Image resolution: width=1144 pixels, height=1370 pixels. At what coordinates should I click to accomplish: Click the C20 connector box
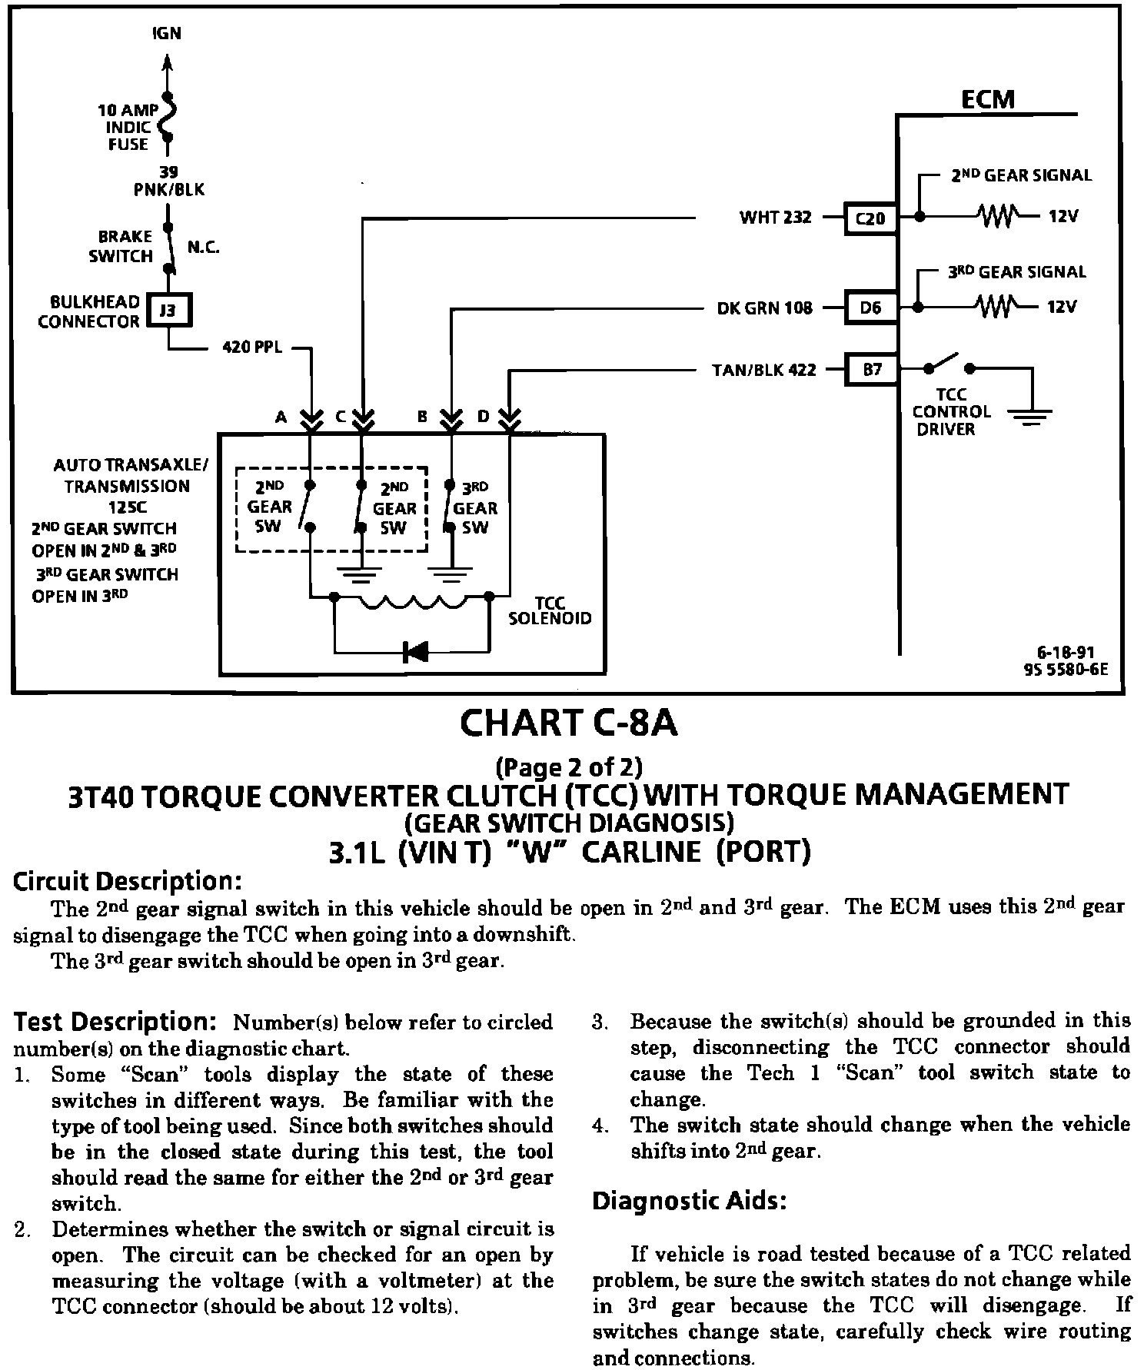pyautogui.click(x=870, y=219)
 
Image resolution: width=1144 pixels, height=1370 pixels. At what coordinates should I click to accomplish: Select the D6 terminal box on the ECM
pyautogui.click(x=870, y=308)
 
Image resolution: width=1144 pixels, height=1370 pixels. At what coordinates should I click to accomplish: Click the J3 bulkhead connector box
pyautogui.click(x=168, y=311)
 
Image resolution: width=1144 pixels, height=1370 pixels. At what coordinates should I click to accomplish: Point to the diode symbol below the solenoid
pyautogui.click(x=415, y=652)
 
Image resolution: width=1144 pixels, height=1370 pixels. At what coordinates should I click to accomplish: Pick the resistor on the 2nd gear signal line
pyautogui.click(x=997, y=216)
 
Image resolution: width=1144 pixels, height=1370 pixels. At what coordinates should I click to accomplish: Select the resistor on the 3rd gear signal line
pyautogui.click(x=997, y=307)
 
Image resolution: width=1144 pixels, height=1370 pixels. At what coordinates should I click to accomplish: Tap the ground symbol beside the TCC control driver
pyautogui.click(x=1029, y=417)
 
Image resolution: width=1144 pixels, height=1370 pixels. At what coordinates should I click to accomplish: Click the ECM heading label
pyautogui.click(x=988, y=99)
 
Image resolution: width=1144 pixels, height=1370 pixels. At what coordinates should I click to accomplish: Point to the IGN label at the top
pyautogui.click(x=167, y=34)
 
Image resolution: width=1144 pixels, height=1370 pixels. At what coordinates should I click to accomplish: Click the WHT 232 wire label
pyautogui.click(x=775, y=218)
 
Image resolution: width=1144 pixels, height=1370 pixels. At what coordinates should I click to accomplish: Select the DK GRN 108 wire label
pyautogui.click(x=764, y=308)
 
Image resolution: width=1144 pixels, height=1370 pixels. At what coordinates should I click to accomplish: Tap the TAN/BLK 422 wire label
pyautogui.click(x=763, y=371)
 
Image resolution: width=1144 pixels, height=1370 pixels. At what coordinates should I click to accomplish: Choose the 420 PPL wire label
pyautogui.click(x=252, y=347)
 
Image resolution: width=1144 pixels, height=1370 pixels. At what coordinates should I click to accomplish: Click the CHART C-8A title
pyautogui.click(x=569, y=723)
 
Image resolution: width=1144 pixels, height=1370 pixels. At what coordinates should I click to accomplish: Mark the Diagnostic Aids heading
pyautogui.click(x=689, y=1201)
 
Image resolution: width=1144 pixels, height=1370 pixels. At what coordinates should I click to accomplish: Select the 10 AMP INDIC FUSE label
pyautogui.click(x=128, y=127)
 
